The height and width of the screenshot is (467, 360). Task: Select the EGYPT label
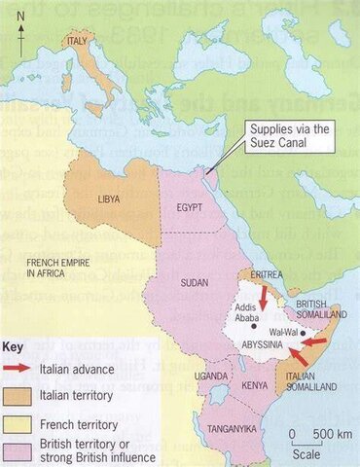click(x=191, y=207)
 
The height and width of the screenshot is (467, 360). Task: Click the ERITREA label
click(x=266, y=275)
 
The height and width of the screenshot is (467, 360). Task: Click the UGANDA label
click(x=213, y=376)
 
